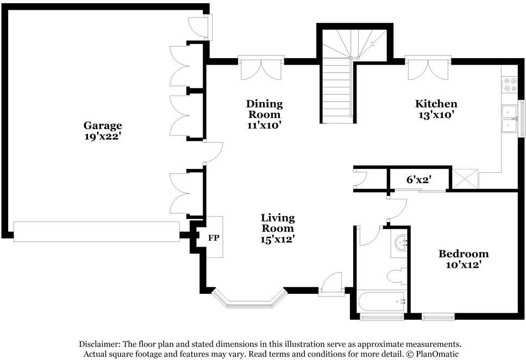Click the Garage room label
tap(102, 125)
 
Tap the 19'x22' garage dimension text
tap(102, 137)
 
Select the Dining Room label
tap(264, 109)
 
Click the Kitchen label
tap(436, 104)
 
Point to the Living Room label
tap(277, 223)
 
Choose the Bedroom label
tap(463, 254)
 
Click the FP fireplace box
tap(214, 237)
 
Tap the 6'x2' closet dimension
tap(418, 179)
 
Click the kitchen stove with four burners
tap(510, 84)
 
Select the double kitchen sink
tap(509, 118)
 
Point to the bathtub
tap(380, 300)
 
